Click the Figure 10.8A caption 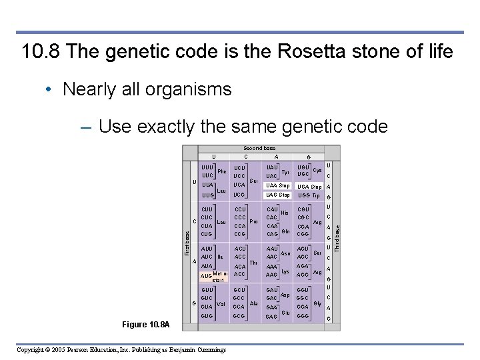146,325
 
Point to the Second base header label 259,148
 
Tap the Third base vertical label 337,238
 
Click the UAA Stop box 277,185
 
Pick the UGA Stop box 309,187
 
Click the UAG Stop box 277,195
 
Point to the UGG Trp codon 309,195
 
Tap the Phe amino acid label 223,171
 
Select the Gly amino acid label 317,304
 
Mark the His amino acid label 284,213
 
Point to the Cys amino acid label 317,171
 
